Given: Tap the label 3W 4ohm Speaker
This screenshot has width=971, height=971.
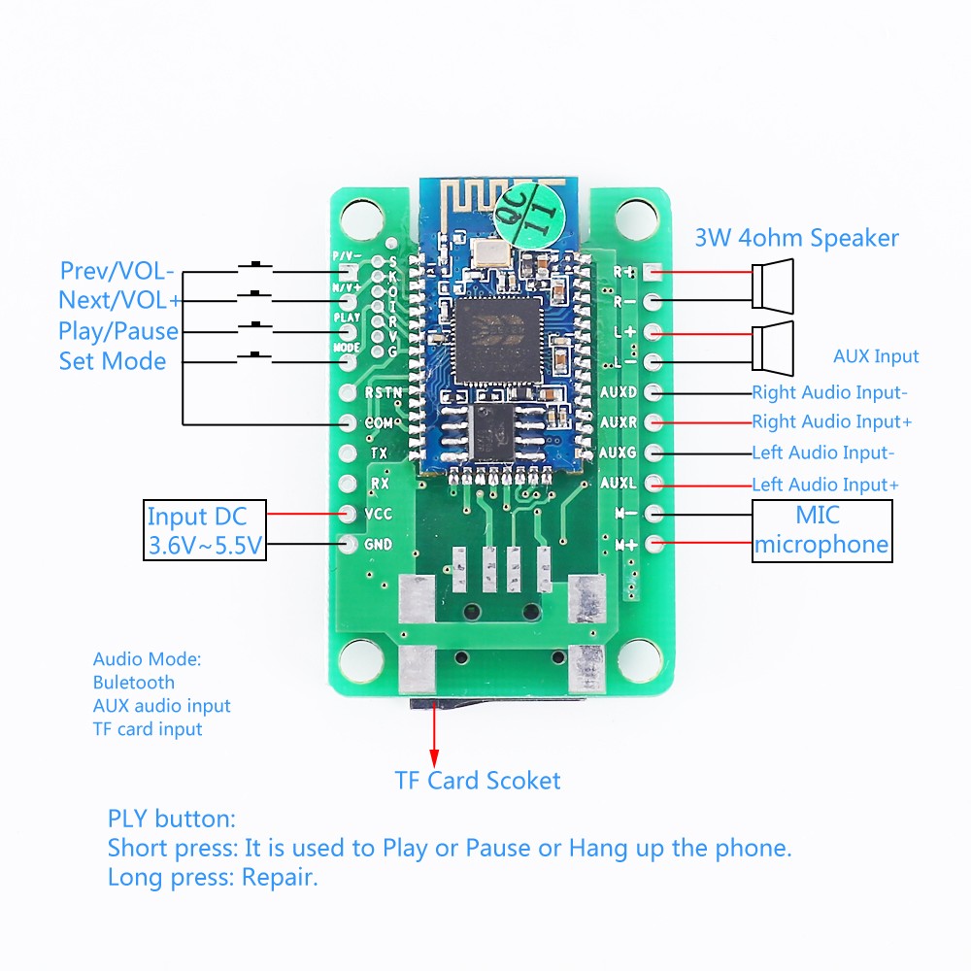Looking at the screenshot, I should tap(796, 238).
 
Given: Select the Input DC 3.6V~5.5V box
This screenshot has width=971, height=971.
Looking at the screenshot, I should tap(204, 530).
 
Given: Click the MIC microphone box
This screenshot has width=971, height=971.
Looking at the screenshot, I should tap(821, 530).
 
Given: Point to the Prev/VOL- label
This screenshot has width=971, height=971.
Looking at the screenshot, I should tap(117, 271).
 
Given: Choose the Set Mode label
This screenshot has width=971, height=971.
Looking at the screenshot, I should tap(113, 361).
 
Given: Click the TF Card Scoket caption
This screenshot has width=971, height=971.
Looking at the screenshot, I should tap(477, 780).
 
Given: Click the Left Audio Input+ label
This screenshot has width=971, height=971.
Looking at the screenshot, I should tap(825, 484).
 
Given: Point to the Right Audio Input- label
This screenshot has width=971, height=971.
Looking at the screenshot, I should tap(829, 393).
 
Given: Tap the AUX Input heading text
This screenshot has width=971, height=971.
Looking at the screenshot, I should tap(876, 356).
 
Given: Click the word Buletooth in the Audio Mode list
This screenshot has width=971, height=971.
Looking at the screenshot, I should tap(134, 683).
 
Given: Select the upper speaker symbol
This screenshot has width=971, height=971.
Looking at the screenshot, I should tap(773, 283).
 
